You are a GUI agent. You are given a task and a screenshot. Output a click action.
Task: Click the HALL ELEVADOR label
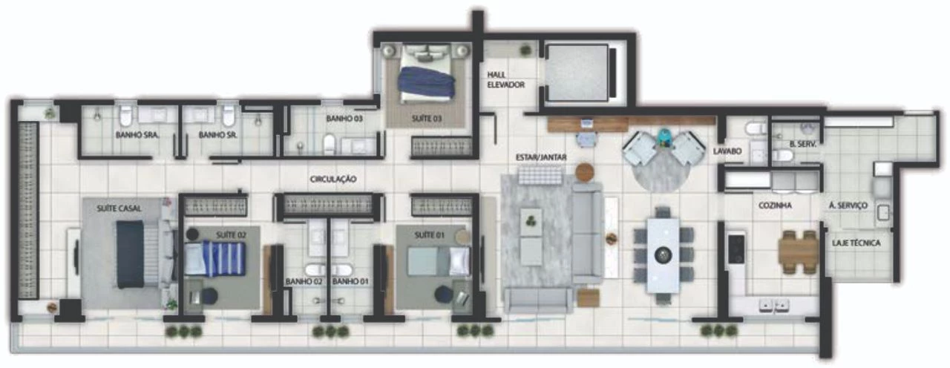coord(505,79)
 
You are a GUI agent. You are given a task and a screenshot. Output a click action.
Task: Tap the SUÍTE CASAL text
coord(119,208)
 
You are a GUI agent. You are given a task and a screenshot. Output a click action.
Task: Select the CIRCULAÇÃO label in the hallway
coord(333,180)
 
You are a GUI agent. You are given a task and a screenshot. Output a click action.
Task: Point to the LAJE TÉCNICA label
coord(856,243)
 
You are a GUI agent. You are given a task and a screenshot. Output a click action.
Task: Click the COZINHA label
coord(775,206)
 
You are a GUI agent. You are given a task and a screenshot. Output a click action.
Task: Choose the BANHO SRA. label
coord(137,135)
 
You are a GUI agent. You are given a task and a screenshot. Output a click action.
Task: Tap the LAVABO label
coord(727,151)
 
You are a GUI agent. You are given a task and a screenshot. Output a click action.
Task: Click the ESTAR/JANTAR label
coord(541,157)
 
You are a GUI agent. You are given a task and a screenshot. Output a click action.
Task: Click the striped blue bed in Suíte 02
coord(215,259)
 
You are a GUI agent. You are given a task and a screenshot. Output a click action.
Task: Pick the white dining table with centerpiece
coord(663,255)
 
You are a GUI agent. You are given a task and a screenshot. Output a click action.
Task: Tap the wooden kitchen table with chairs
coord(799,252)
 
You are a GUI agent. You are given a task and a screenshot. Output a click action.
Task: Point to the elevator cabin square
coord(577,73)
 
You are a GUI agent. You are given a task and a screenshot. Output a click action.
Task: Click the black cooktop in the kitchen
coord(736,249)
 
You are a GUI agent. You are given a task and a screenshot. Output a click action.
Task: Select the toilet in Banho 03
coord(330,144)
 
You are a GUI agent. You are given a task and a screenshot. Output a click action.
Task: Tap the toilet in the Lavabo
coord(756,127)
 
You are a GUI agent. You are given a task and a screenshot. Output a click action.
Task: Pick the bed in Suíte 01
coord(438,262)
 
